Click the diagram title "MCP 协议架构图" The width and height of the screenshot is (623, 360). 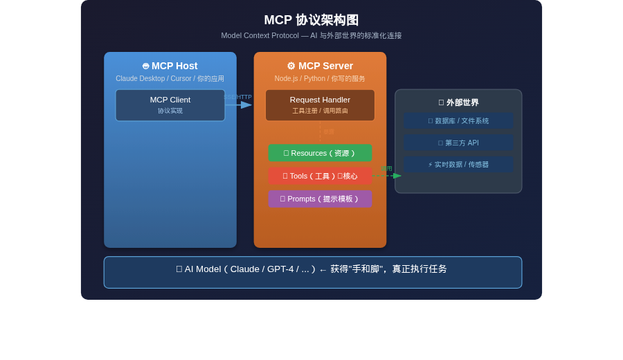point(311,20)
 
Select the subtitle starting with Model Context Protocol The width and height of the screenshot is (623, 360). point(311,35)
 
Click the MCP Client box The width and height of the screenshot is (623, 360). point(170,105)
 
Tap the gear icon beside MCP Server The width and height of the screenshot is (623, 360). point(291,66)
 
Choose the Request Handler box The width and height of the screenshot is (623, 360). point(320,105)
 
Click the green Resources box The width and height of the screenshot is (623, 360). point(320,153)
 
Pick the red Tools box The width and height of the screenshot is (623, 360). point(320,176)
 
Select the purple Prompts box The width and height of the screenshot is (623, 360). point(320,199)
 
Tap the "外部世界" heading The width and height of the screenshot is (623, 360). point(458,102)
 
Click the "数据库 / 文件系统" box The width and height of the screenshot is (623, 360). point(458,121)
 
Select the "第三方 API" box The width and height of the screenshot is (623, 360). point(458,143)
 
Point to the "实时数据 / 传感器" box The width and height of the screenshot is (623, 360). point(458,165)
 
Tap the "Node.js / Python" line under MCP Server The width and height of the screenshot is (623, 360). point(319,79)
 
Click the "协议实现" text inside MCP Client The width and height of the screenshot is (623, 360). point(170,111)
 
